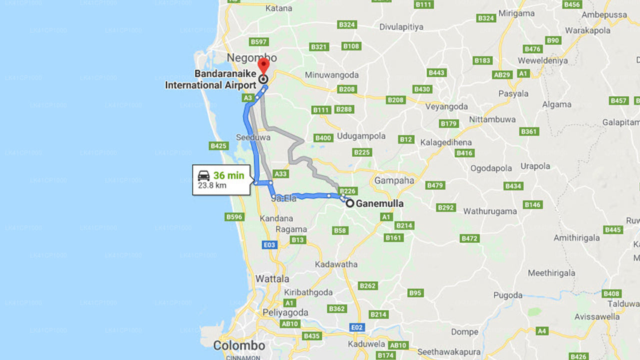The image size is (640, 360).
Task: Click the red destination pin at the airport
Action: click(x=263, y=66)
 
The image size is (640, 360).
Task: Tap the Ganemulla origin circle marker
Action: click(x=350, y=203)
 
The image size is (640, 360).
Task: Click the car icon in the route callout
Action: click(x=204, y=175)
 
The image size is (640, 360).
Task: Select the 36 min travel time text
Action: click(x=228, y=175)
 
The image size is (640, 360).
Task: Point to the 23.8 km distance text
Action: click(x=212, y=185)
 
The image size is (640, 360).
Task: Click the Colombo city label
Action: click(x=239, y=345)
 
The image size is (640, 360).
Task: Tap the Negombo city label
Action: click(x=251, y=58)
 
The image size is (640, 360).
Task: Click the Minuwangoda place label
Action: click(x=332, y=75)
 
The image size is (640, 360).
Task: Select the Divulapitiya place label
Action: click(x=401, y=26)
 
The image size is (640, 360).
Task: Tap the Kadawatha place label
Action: click(x=336, y=264)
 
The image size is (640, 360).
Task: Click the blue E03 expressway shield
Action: click(x=269, y=244)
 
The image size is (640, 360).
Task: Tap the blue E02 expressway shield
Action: click(x=357, y=327)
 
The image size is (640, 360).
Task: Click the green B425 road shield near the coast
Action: click(x=219, y=146)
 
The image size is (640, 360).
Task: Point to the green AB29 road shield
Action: click(x=502, y=74)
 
